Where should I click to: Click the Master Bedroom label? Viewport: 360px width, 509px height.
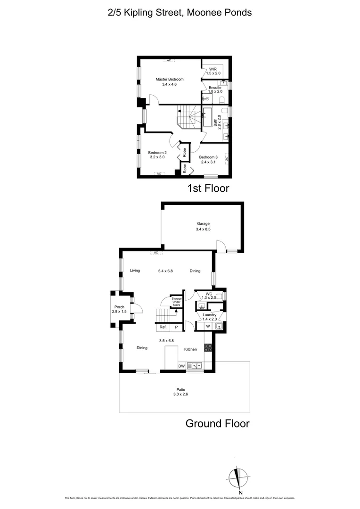click(x=170, y=79)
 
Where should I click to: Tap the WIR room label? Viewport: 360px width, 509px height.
click(x=213, y=69)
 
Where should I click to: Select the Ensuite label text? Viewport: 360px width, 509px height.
click(x=214, y=88)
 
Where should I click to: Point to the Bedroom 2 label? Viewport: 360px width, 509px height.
click(x=157, y=153)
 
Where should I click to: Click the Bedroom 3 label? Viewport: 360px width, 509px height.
click(x=208, y=157)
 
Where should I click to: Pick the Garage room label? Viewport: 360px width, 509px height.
click(x=203, y=224)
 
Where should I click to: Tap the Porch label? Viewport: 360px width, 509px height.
click(x=119, y=307)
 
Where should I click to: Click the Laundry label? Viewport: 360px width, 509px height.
click(x=209, y=315)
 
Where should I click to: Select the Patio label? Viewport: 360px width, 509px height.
click(x=181, y=390)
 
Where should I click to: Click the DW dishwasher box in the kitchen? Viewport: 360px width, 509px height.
click(x=181, y=366)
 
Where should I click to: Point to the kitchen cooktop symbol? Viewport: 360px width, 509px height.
click(x=208, y=348)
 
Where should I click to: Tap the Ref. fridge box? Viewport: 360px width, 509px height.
click(x=163, y=327)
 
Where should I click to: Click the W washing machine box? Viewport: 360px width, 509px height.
click(x=208, y=326)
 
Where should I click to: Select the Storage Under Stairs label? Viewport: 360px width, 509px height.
click(x=176, y=302)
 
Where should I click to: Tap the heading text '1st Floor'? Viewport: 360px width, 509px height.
click(x=208, y=189)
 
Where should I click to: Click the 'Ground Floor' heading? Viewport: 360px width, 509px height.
click(x=217, y=423)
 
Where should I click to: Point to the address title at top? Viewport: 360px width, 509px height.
click(x=180, y=13)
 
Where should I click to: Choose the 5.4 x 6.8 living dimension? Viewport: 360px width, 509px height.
click(x=165, y=271)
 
